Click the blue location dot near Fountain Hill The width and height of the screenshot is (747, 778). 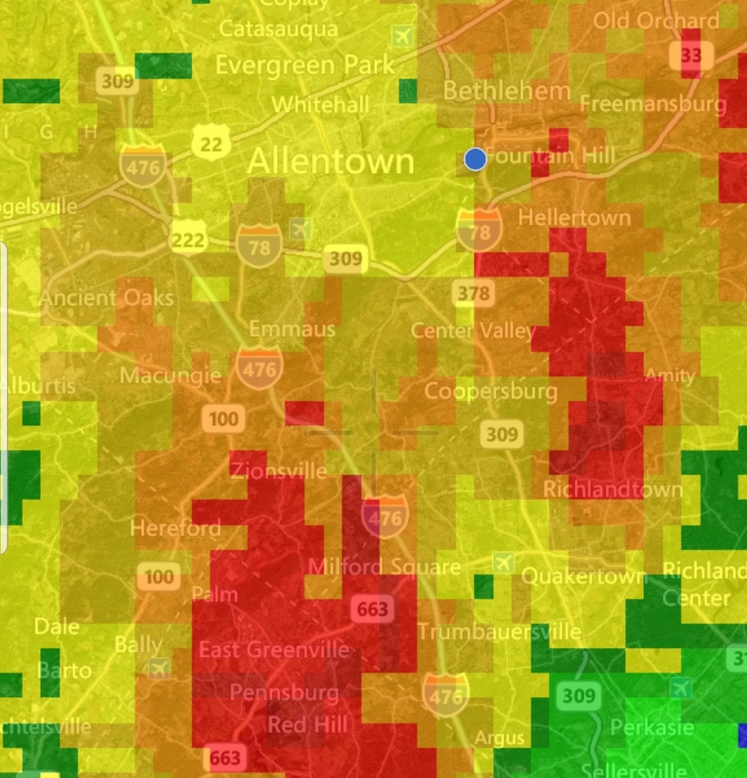click(475, 159)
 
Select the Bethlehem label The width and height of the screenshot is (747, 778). click(506, 91)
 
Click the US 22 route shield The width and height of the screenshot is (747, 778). click(211, 143)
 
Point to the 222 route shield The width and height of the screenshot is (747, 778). click(188, 239)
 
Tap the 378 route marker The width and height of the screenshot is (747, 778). click(474, 293)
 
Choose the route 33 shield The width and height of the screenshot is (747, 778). click(690, 55)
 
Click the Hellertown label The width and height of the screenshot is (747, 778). click(574, 218)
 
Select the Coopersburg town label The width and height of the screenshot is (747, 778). click(490, 391)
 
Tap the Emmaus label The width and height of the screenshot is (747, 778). click(292, 328)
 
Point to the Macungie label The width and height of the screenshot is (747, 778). click(170, 376)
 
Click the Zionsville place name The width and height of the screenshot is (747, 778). click(279, 472)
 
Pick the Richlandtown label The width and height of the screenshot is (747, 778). click(612, 490)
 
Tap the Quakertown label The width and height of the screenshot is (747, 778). click(582, 576)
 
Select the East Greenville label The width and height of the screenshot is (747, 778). click(274, 650)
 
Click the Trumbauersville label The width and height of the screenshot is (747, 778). click(499, 631)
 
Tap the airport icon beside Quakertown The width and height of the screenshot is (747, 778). click(504, 562)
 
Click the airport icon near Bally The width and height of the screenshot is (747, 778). click(159, 668)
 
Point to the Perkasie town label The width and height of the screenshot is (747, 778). click(652, 728)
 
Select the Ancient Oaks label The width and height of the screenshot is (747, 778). click(107, 298)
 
